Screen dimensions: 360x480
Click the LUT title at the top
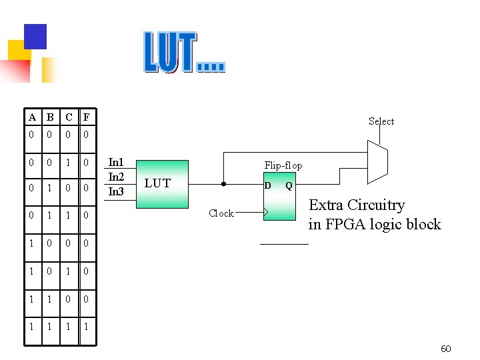(184, 52)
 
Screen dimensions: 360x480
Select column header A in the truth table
(32, 118)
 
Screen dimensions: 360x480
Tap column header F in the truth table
(86, 118)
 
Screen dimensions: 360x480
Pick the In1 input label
(116, 163)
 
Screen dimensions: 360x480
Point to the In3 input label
(116, 191)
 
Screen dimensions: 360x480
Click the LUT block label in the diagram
(157, 183)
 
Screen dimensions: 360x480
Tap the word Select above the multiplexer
(381, 121)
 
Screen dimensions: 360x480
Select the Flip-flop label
(283, 165)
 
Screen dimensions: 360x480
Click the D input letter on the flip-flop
(267, 185)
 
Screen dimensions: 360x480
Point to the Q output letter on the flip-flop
(289, 185)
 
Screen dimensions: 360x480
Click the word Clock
(221, 213)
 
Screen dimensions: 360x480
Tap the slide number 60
(446, 349)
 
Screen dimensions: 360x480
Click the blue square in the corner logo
(35, 36)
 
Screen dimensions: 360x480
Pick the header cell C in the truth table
(68, 118)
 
